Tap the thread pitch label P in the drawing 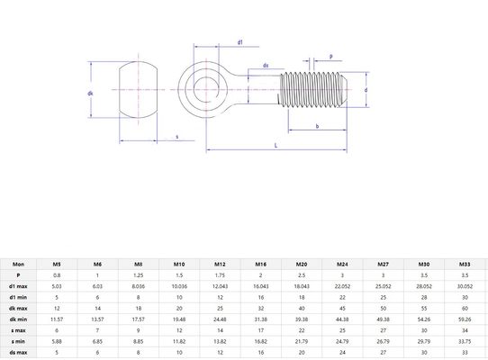(330, 56)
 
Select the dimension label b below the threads (317, 126)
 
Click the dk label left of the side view (91, 93)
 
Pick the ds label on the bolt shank (266, 66)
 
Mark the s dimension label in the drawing (176, 137)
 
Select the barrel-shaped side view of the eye (138, 91)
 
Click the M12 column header (221, 264)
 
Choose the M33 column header (464, 264)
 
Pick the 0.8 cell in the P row (58, 274)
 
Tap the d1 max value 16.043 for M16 (261, 285)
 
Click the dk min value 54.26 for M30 (423, 318)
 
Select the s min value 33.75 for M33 (464, 340)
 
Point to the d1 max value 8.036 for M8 (139, 285)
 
